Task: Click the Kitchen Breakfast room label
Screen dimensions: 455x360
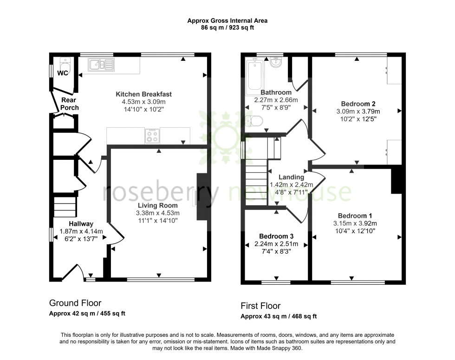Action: click(x=143, y=94)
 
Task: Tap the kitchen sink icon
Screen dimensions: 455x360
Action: click(x=101, y=65)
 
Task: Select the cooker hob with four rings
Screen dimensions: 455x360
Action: click(x=152, y=136)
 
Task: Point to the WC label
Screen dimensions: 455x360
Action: click(x=63, y=73)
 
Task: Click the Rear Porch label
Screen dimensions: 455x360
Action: click(x=69, y=104)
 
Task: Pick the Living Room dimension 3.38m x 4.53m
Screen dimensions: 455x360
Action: click(x=158, y=213)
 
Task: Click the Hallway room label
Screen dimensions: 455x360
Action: click(x=81, y=224)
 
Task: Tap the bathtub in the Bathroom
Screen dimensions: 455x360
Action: click(x=255, y=74)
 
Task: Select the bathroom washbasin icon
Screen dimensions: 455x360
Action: click(x=275, y=62)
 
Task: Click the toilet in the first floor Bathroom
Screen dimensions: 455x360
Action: click(x=254, y=121)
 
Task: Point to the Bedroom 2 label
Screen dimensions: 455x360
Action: click(x=358, y=104)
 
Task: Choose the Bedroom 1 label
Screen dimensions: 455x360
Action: click(x=355, y=216)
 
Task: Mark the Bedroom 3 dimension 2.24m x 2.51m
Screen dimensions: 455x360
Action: click(x=276, y=244)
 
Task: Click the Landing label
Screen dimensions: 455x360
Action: click(x=292, y=177)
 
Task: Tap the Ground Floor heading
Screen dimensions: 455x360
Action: click(x=75, y=303)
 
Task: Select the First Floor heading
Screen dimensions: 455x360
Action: click(x=260, y=306)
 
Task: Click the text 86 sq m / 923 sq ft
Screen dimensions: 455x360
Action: click(x=227, y=28)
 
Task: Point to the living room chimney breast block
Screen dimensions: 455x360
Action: click(x=202, y=196)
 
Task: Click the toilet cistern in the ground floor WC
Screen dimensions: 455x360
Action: click(x=65, y=60)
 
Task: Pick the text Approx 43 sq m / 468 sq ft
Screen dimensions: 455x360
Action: click(x=279, y=316)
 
